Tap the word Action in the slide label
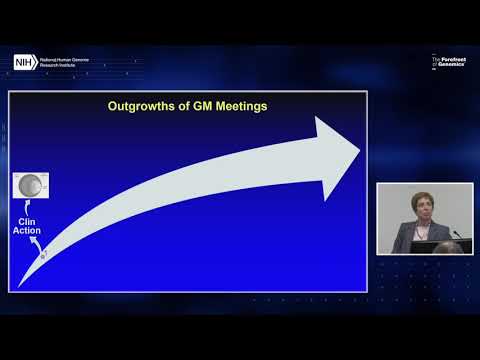[27, 232]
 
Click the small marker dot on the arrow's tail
[43, 257]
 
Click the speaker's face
[414, 204]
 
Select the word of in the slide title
[184, 104]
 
